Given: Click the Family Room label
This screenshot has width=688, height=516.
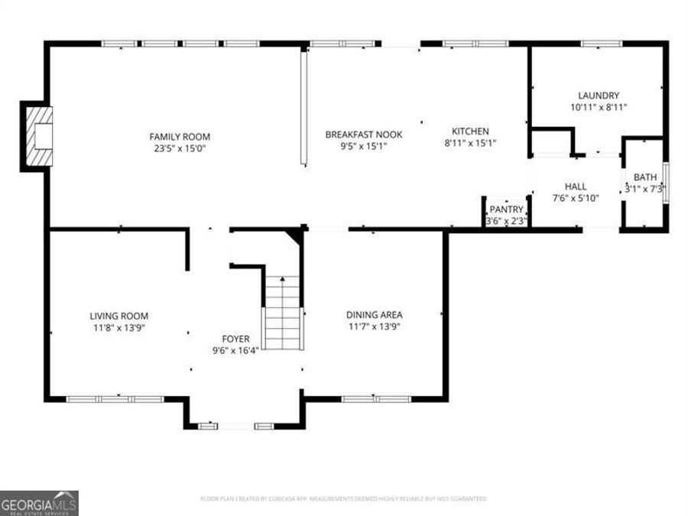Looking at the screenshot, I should click(x=180, y=137).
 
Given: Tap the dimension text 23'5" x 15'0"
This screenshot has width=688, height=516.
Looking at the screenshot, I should click(x=180, y=148).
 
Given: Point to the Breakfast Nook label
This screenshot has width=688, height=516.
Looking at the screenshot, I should click(x=363, y=134).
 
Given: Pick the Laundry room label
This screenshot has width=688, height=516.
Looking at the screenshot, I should click(x=599, y=96).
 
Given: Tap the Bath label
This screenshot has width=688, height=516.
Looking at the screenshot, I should click(x=644, y=177).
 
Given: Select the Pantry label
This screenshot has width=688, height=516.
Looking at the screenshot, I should click(x=506, y=209).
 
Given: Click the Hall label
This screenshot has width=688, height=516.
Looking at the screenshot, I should click(x=576, y=187).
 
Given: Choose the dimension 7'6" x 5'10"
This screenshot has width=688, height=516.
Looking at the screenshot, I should click(x=576, y=198).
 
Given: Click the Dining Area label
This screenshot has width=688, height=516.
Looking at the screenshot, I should click(x=374, y=314).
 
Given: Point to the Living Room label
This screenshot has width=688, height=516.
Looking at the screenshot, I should click(x=118, y=316).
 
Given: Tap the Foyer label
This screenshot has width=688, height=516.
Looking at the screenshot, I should click(x=235, y=339).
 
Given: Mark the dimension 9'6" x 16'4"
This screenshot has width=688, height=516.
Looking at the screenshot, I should click(x=235, y=350).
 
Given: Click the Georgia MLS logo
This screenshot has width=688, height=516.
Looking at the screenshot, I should click(x=39, y=503).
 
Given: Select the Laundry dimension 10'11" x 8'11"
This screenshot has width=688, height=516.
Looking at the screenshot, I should click(x=599, y=108).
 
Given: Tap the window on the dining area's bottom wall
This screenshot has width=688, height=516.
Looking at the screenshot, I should click(x=375, y=398).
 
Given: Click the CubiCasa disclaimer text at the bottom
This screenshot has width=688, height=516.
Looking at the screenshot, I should click(x=343, y=498).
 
